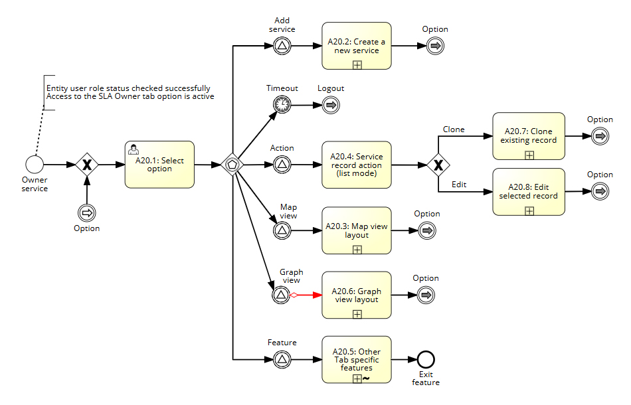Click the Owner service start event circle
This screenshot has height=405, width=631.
click(34, 164)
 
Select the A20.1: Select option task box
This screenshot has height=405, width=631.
click(159, 165)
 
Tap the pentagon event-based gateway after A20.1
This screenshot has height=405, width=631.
click(232, 164)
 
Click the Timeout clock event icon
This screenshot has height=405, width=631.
click(282, 104)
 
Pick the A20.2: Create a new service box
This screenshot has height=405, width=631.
click(357, 46)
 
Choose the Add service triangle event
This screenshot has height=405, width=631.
click(282, 46)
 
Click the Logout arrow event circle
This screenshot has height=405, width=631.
click(331, 104)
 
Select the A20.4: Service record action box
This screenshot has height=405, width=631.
click(357, 165)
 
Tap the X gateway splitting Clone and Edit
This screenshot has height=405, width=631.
click(438, 165)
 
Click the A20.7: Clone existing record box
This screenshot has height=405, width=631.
click(529, 136)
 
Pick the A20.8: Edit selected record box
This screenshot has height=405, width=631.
click(529, 192)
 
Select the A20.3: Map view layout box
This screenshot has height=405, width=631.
click(357, 230)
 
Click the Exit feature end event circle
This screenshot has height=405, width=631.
click(426, 359)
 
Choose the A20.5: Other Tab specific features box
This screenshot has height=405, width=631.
click(357, 359)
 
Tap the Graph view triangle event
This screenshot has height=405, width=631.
click(282, 295)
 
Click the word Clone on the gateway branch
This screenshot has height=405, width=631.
click(454, 129)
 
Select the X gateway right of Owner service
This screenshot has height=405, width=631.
click(87, 164)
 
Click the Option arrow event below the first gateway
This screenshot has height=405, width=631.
click(87, 212)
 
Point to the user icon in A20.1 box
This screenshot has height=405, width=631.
click(133, 149)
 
